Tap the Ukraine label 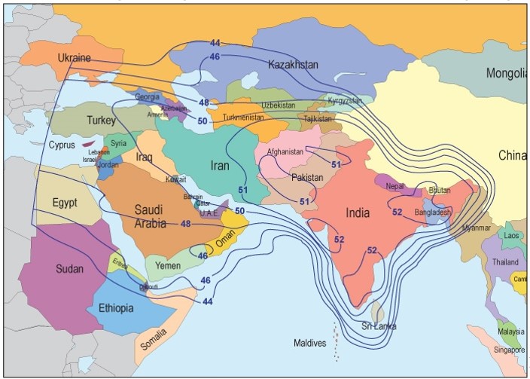tap(74, 58)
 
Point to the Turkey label tap(101, 121)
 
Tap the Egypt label tap(65, 203)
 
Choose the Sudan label tap(69, 269)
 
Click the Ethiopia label tap(116, 308)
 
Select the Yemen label tap(167, 265)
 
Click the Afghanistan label tap(285, 151)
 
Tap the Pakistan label tap(307, 178)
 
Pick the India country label tap(358, 213)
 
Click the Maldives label tap(309, 344)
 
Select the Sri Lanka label tap(379, 326)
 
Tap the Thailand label tap(505, 262)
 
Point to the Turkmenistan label tap(244, 118)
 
